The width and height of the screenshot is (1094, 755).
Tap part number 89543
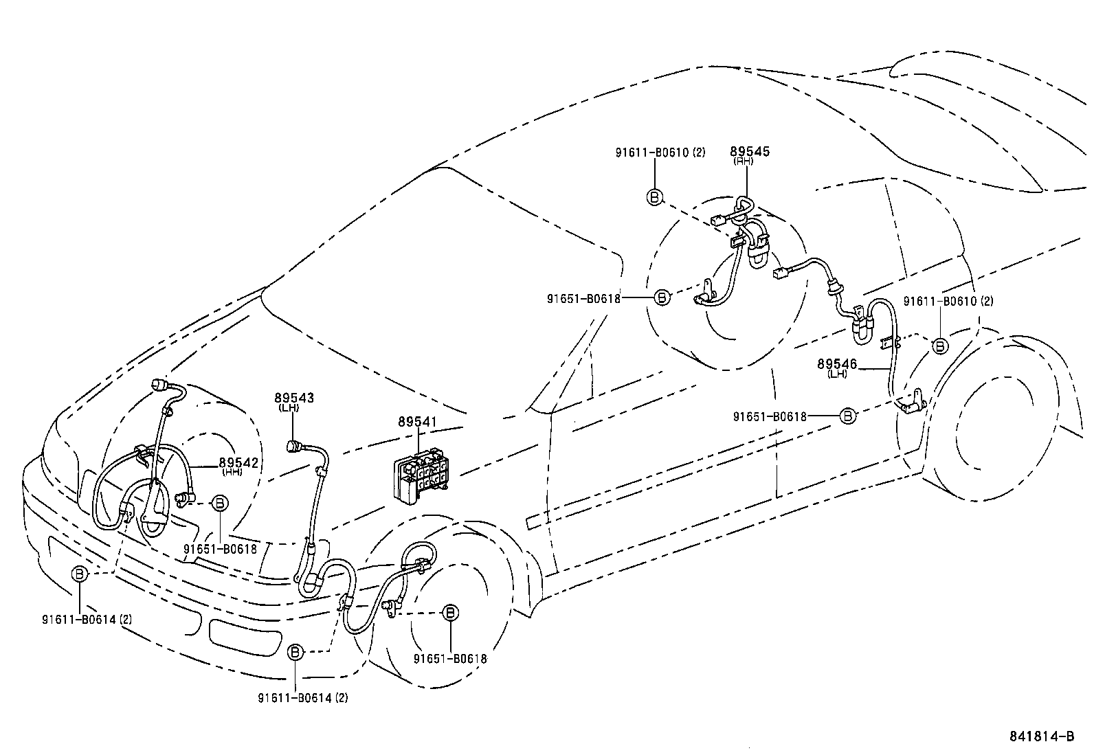click(x=293, y=398)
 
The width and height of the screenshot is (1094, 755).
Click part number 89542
click(x=238, y=463)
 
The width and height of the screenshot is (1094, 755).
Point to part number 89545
click(x=750, y=151)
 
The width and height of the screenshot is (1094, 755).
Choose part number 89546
click(x=837, y=364)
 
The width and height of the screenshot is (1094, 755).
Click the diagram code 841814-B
click(x=1041, y=736)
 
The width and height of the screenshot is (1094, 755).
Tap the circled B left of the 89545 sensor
click(x=655, y=197)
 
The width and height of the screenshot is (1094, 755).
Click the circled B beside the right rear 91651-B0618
click(x=849, y=416)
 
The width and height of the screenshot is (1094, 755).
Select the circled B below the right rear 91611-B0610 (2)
click(x=939, y=346)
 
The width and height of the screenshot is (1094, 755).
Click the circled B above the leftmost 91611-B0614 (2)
click(x=80, y=574)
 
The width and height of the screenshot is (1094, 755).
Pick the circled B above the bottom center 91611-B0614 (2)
click(x=295, y=652)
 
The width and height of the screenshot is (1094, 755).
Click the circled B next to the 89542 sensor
click(x=219, y=503)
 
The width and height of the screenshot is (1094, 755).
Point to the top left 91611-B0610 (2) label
click(x=660, y=153)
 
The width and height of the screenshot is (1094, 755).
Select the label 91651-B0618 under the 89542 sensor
click(x=220, y=549)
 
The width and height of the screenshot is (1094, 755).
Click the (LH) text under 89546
click(x=837, y=374)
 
